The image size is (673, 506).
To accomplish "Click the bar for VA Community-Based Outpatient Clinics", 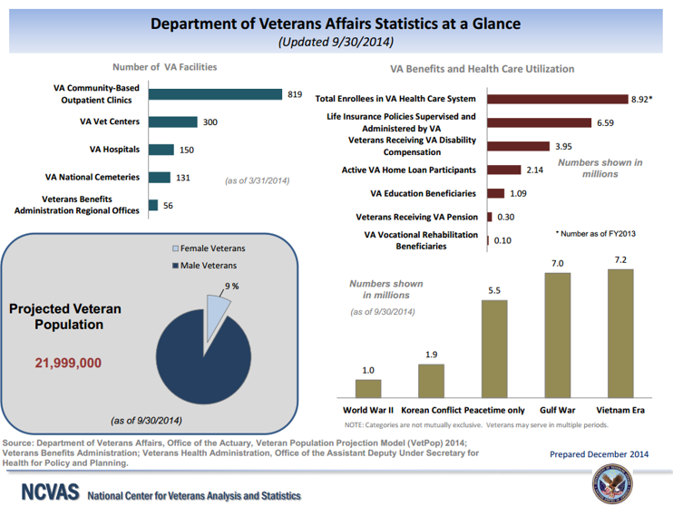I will [x=215, y=93].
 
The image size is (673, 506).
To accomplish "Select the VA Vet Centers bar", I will [x=172, y=122].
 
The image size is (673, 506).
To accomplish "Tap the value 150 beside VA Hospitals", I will [x=187, y=150].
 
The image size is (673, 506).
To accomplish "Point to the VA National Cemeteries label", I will [x=94, y=177].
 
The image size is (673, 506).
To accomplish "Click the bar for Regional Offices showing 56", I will [x=153, y=205].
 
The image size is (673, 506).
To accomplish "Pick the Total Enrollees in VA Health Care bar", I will [x=558, y=98].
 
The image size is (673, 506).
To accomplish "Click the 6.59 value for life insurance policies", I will [x=606, y=122].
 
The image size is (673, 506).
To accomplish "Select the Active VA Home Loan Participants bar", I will [x=504, y=170].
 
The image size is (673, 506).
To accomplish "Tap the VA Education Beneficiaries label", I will [x=423, y=193].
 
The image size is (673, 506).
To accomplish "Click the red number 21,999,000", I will [x=68, y=363].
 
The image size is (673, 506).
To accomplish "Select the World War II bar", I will [x=367, y=388].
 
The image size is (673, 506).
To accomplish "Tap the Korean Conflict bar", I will [x=431, y=381].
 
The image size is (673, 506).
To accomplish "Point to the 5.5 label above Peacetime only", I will [x=494, y=291].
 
